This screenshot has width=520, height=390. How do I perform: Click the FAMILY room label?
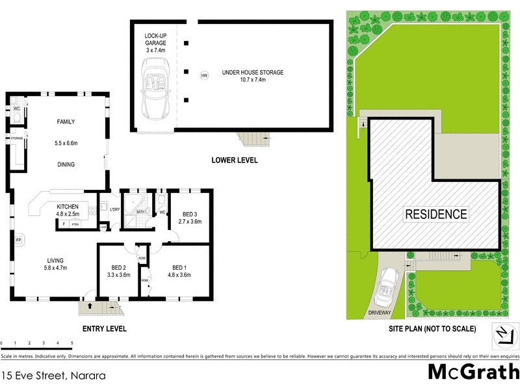[66, 122]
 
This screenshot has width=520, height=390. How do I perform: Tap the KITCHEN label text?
[68, 206]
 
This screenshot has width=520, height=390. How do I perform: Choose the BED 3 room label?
[190, 214]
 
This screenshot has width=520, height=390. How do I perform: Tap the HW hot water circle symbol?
[204, 75]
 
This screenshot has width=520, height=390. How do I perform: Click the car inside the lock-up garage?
[155, 85]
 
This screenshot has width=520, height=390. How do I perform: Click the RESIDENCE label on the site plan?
[436, 214]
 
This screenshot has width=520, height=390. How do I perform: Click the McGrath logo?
[473, 372]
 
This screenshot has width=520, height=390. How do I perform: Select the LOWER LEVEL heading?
[234, 160]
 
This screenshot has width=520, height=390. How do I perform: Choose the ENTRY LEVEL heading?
[103, 328]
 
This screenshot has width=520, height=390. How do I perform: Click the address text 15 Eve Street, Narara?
[53, 375]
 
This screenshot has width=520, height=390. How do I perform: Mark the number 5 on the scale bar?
[72, 343]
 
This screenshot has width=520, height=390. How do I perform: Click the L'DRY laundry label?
[114, 209]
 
